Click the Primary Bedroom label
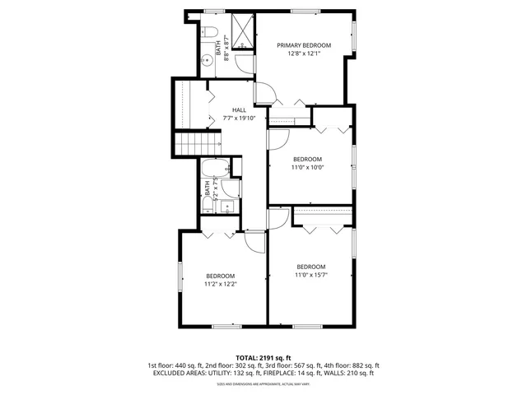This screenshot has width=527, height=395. click(x=304, y=45)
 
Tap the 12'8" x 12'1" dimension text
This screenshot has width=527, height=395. click(x=304, y=54)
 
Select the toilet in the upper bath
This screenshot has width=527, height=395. click(x=208, y=35)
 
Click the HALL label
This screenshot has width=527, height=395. click(x=239, y=109)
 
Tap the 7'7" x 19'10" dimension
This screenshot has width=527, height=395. click(x=240, y=118)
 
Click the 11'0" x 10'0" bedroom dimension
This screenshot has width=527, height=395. click(x=307, y=167)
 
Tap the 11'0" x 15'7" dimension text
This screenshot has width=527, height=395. click(x=311, y=275)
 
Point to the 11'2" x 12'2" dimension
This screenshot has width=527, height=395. click(x=221, y=284)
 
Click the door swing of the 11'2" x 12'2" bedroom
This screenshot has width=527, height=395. click(x=254, y=239)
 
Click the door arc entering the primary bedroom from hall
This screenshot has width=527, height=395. click(x=264, y=93)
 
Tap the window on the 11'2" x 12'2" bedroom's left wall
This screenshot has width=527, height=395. click(x=180, y=276)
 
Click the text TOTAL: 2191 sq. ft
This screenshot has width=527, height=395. click(x=263, y=358)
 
